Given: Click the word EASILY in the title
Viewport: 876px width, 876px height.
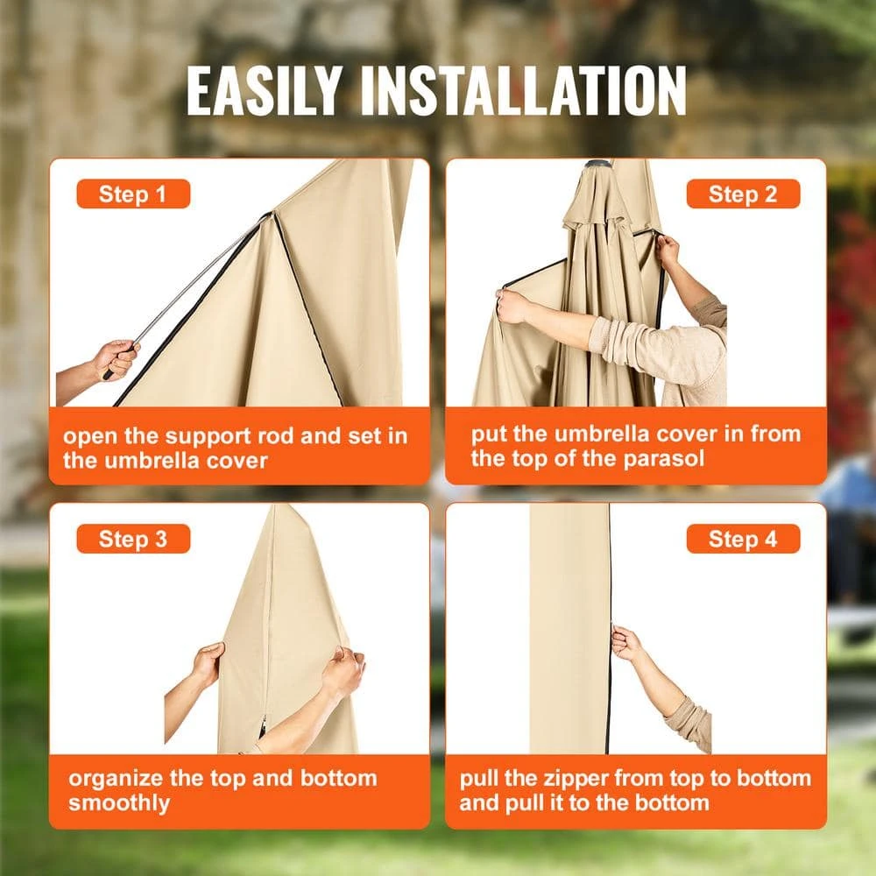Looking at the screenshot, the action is (265, 90).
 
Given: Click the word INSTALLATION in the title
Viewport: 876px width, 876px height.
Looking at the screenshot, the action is (524, 90).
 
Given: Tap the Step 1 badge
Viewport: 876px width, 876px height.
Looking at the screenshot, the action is (133, 194).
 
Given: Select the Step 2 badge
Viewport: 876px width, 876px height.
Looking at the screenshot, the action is (743, 194).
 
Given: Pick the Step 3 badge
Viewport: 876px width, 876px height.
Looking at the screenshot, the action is (133, 539).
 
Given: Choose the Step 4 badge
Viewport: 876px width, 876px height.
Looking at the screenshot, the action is (743, 539).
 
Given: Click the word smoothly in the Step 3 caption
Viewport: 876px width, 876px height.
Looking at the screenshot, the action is (119, 802).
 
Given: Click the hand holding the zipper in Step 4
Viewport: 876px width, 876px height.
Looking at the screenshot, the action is (627, 642).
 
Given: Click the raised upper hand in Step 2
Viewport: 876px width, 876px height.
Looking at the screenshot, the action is (667, 250).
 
